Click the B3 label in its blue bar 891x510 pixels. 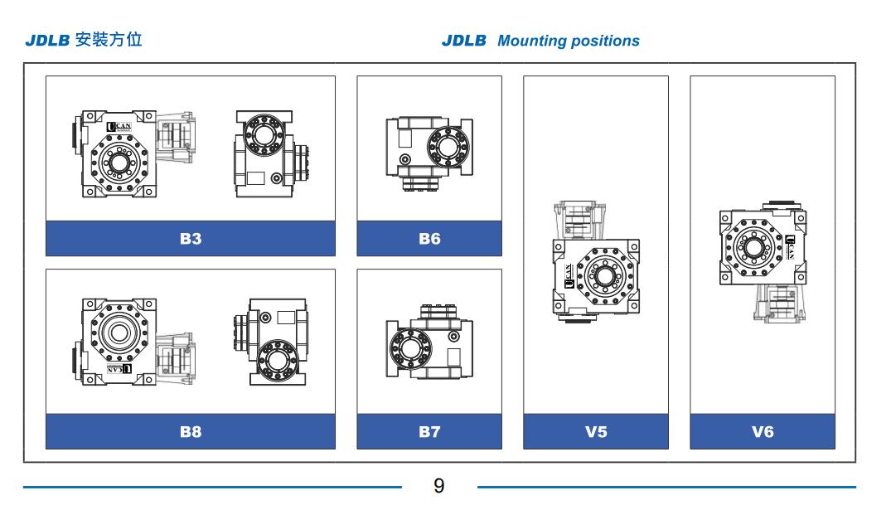tap(191, 239)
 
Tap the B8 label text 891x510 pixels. tap(191, 432)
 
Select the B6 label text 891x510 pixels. tap(429, 239)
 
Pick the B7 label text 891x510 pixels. tap(429, 432)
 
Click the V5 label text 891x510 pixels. tap(596, 432)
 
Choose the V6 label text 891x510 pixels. tap(763, 432)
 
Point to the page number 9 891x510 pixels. tap(439, 486)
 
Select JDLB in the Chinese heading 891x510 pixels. tap(48, 40)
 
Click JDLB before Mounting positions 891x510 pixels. tap(464, 41)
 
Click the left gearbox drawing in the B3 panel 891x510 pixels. tap(133, 153)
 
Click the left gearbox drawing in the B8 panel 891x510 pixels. tap(133, 340)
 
